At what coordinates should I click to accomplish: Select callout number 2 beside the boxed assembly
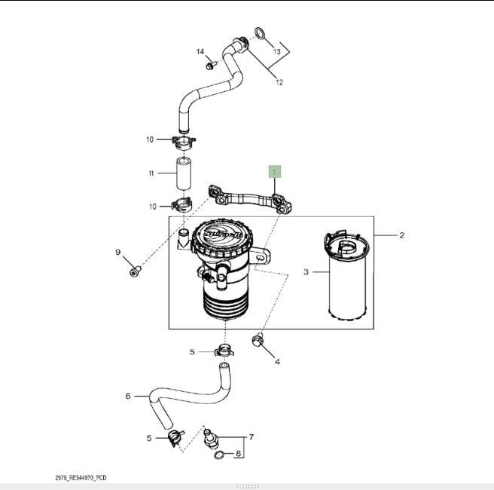[401, 235]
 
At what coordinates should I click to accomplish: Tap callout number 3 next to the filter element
[306, 271]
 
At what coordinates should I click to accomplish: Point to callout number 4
[277, 362]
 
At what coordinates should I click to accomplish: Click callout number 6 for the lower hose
[128, 396]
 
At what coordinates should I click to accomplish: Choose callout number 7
[251, 436]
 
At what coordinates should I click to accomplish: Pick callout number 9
[118, 252]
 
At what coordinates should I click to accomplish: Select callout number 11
[151, 173]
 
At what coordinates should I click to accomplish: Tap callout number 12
[279, 82]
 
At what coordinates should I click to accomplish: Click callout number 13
[276, 52]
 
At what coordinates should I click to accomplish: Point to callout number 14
[201, 51]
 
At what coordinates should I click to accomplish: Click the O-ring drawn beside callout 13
[259, 34]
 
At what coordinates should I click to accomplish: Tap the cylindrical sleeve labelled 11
[184, 173]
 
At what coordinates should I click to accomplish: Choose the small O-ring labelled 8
[218, 456]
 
